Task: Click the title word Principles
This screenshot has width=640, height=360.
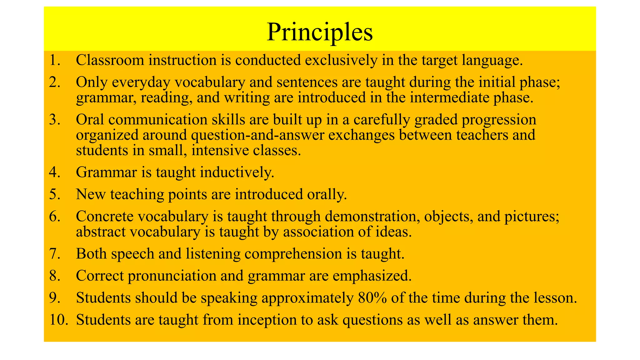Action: pyautogui.click(x=320, y=32)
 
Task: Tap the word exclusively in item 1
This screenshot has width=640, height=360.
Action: pyautogui.click(x=341, y=60)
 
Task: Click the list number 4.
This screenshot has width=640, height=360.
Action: pyautogui.click(x=54, y=172)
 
